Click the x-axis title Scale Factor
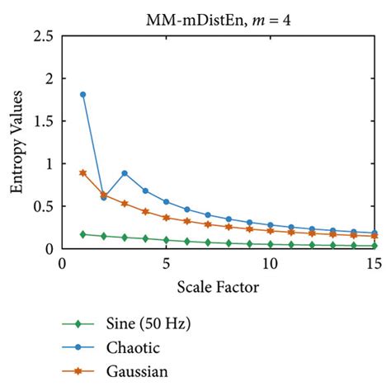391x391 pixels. point(219,287)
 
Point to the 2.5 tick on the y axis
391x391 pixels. point(44,37)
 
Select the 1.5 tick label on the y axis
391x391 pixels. point(44,121)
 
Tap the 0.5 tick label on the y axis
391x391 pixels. point(44,206)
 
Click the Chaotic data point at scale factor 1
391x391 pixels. point(82,94)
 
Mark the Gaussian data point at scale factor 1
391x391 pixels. point(82,172)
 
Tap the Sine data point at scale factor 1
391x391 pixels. point(82,234)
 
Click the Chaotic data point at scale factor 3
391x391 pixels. point(125,173)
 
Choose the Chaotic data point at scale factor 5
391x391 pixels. point(166,201)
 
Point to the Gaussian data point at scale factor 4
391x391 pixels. point(145,211)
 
